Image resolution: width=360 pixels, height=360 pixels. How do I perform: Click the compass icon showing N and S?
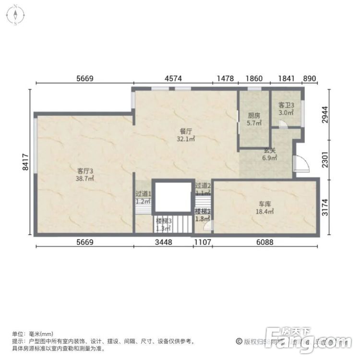(x=15, y=15)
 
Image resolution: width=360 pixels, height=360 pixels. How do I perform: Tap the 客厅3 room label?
(x=84, y=170)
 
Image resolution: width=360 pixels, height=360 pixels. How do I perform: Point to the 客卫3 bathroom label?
(x=286, y=105)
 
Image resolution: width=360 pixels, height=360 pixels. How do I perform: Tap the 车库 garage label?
(x=264, y=203)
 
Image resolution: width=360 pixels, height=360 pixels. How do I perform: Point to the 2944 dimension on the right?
(x=327, y=114)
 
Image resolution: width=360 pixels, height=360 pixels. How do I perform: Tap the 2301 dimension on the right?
(x=327, y=158)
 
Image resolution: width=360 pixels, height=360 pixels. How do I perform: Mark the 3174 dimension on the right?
(x=327, y=205)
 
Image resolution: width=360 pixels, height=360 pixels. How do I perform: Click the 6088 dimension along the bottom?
(x=264, y=242)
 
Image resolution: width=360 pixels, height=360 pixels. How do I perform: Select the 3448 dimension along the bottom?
(x=163, y=242)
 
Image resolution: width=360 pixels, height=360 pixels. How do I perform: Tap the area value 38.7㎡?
(x=84, y=178)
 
